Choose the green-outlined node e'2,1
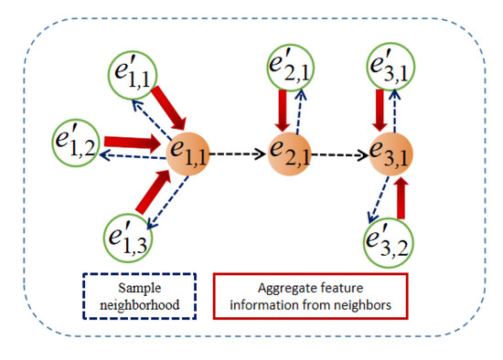[x=289, y=66]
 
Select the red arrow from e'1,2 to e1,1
[x=132, y=143]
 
